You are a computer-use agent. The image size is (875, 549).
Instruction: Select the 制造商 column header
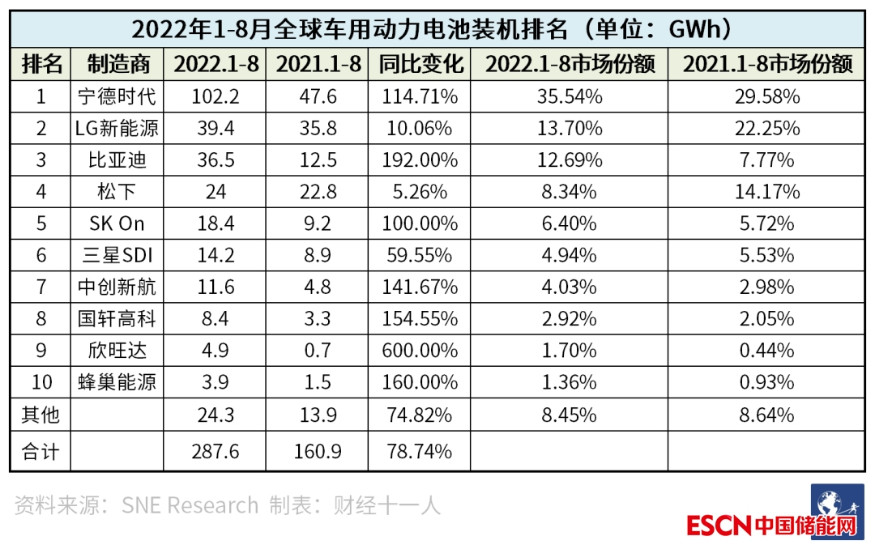click(117, 64)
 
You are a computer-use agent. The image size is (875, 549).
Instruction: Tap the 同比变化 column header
click(419, 64)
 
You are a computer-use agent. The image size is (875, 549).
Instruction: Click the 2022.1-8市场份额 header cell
click(569, 64)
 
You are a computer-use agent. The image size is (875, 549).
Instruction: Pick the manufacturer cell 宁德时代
click(117, 97)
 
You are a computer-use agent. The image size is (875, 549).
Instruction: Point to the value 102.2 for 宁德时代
click(216, 97)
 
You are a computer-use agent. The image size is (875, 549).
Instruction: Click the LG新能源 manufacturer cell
click(117, 129)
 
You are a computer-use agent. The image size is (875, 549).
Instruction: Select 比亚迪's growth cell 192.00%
click(419, 160)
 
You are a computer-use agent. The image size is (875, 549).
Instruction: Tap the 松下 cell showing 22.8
click(317, 192)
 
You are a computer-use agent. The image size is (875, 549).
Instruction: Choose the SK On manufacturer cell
click(117, 224)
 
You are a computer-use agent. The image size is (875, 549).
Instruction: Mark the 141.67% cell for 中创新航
click(419, 287)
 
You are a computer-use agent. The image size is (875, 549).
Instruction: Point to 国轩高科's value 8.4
click(216, 319)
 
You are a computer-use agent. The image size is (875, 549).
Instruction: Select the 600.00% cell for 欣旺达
click(419, 351)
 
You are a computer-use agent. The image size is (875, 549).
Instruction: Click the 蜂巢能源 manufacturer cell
click(117, 383)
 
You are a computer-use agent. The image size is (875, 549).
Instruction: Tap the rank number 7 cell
click(41, 287)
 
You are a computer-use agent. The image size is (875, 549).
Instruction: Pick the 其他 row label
click(41, 415)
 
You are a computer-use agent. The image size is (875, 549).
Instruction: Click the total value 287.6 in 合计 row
click(216, 451)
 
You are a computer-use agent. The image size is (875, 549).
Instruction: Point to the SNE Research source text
click(190, 506)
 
